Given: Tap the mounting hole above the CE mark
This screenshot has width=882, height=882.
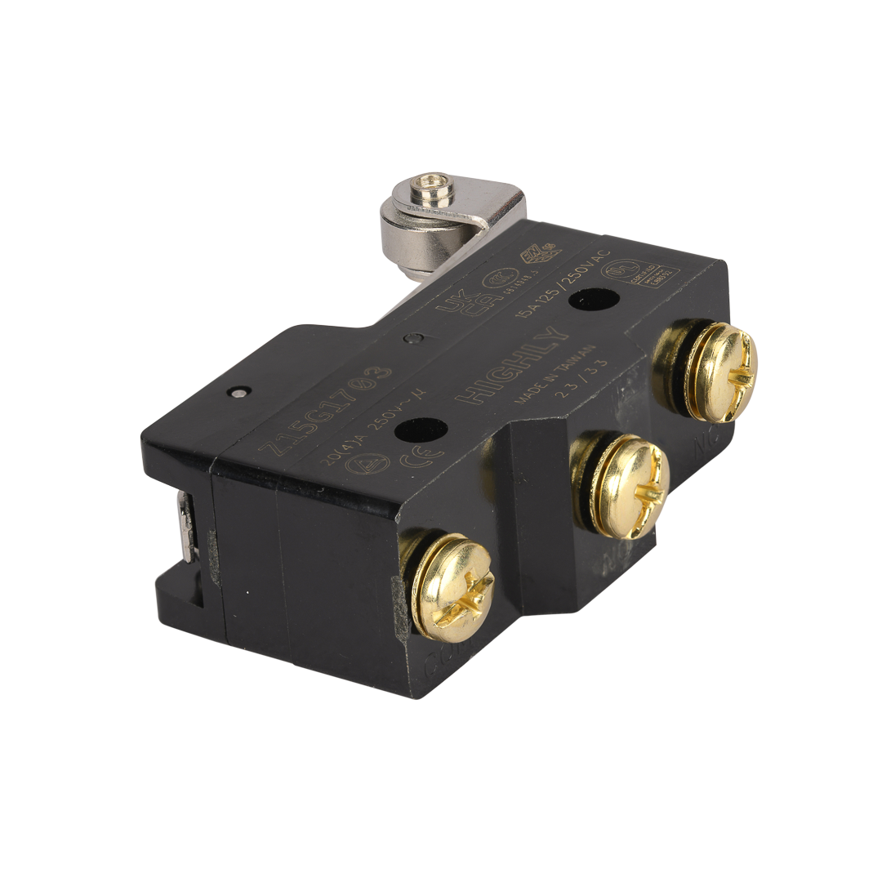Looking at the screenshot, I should tap(421, 429).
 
